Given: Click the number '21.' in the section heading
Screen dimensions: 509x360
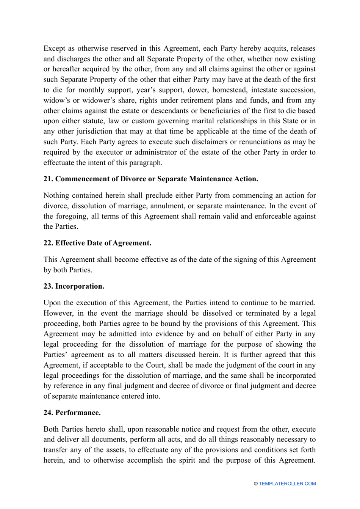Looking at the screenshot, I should click(x=48, y=179).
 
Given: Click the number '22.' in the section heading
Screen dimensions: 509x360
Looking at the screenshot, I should click(x=48, y=243).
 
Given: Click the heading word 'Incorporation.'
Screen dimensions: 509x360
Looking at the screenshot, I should click(x=80, y=286).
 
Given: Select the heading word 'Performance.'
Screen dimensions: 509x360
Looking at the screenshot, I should click(x=78, y=413).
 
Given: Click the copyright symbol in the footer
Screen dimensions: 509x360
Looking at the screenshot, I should click(x=256, y=484).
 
